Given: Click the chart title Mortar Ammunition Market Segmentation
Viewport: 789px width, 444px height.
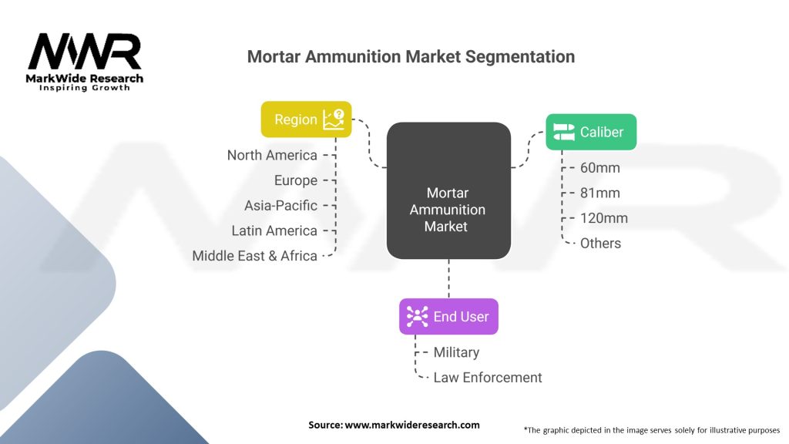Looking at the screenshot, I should pyautogui.click(x=411, y=57).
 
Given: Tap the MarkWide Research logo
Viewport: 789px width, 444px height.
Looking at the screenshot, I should pyautogui.click(x=85, y=62).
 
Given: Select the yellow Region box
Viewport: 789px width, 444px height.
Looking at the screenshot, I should pyautogui.click(x=306, y=119).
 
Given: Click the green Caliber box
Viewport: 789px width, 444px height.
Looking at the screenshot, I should pyautogui.click(x=591, y=132).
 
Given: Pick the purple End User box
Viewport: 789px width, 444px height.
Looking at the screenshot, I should pyautogui.click(x=448, y=316).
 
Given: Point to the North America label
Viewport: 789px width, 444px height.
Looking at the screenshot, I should pyautogui.click(x=272, y=155).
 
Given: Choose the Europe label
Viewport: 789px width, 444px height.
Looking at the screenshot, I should pyautogui.click(x=296, y=180).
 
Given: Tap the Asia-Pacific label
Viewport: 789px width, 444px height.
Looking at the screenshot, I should pyautogui.click(x=280, y=206).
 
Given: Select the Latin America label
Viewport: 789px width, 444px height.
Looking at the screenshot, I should pyautogui.click(x=274, y=230).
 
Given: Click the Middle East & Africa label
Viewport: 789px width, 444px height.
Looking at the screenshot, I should pyautogui.click(x=255, y=256).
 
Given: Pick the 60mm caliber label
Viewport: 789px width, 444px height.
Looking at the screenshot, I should pyautogui.click(x=600, y=168).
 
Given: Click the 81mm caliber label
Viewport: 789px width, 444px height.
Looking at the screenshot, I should pyautogui.click(x=600, y=193).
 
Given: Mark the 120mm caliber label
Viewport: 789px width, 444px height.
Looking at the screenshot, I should pyautogui.click(x=604, y=218).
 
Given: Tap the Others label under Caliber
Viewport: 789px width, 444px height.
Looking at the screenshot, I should pyautogui.click(x=600, y=243).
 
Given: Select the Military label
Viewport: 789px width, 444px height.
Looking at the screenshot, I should pyautogui.click(x=456, y=352).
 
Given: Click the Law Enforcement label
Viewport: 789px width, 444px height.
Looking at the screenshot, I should pyautogui.click(x=488, y=378).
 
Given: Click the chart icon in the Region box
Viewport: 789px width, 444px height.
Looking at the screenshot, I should pyautogui.click(x=334, y=119).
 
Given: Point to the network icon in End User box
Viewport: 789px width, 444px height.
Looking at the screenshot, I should pyautogui.click(x=417, y=316).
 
